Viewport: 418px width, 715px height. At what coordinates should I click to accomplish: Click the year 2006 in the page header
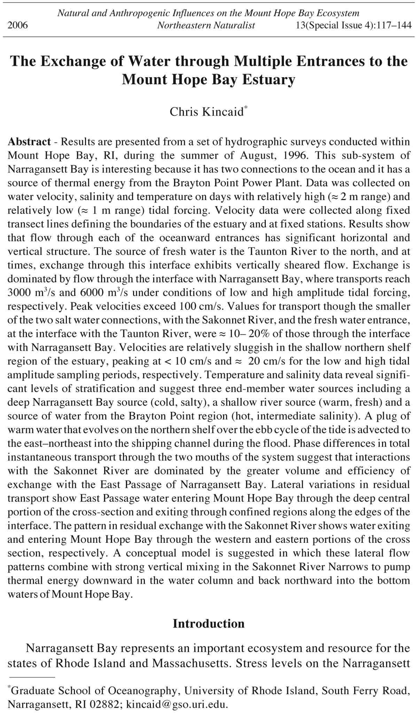(x=18, y=25)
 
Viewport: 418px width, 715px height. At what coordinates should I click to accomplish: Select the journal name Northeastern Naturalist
(x=206, y=25)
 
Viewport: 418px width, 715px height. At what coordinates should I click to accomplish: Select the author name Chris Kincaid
(x=207, y=112)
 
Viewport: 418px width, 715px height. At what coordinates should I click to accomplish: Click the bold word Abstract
(x=29, y=142)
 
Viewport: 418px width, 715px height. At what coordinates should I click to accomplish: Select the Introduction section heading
(x=209, y=623)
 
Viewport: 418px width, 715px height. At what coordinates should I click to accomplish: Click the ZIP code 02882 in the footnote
(x=106, y=705)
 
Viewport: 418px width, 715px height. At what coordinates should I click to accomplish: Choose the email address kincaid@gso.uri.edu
(x=177, y=705)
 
